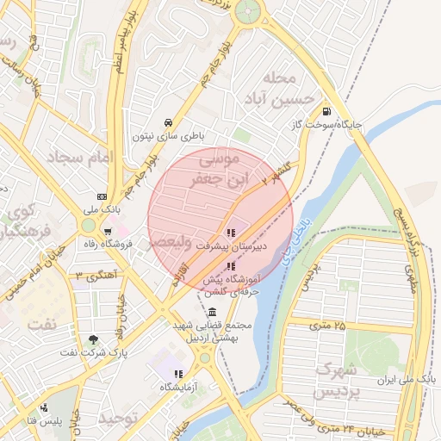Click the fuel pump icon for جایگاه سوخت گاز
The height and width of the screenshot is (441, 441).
tap(326, 110)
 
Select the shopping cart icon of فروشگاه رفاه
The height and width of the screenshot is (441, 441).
tap(107, 231)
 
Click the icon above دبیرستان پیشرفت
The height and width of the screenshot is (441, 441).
tap(230, 232)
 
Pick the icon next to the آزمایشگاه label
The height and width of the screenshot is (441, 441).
tap(177, 374)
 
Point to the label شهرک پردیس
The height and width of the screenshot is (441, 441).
tap(336, 381)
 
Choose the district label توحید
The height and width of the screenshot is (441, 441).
tap(118, 418)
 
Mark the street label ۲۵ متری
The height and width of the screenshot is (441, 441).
tap(327, 326)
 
